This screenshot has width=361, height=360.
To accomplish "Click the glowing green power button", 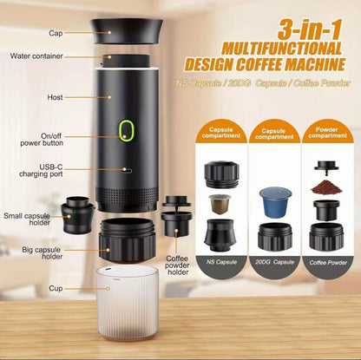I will point(127,130).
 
